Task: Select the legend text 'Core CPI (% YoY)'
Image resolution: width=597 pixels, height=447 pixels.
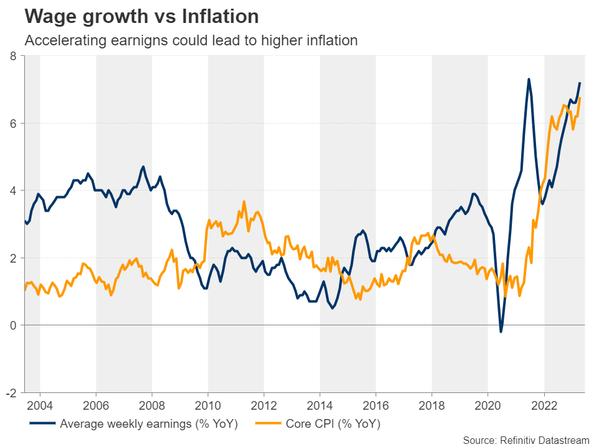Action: tap(333, 425)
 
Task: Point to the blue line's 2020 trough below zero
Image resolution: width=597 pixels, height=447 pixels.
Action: tap(501, 332)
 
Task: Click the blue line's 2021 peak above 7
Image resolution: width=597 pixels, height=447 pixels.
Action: tap(529, 79)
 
